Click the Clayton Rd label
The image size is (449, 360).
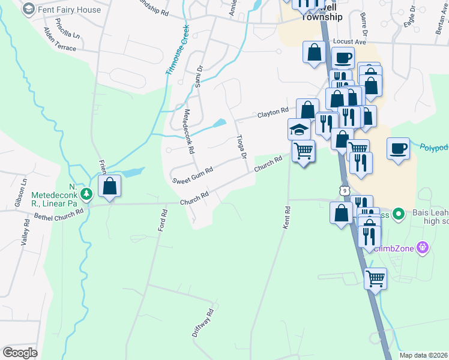[x=273, y=112]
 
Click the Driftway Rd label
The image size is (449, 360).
[x=204, y=322]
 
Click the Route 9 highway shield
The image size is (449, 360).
[x=344, y=190]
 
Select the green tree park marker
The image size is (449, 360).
[x=86, y=193]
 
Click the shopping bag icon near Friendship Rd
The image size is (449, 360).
[x=110, y=187]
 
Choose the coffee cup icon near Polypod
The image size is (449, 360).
[x=398, y=148]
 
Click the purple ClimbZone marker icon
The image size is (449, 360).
[x=423, y=247]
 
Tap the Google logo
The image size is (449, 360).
[x=20, y=352]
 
